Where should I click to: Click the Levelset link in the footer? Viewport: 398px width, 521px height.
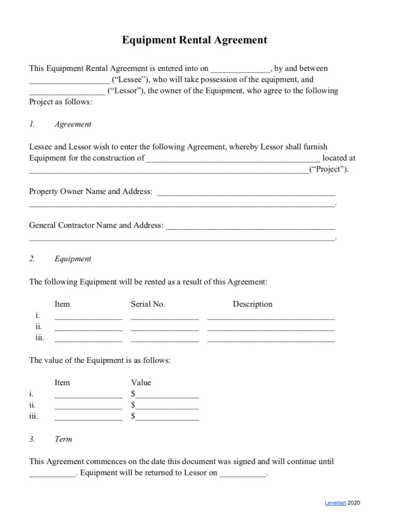click(x=335, y=503)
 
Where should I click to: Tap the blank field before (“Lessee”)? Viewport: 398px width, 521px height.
click(x=69, y=80)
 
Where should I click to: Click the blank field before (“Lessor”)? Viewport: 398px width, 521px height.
click(x=67, y=91)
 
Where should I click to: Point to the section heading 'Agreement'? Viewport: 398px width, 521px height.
click(x=73, y=124)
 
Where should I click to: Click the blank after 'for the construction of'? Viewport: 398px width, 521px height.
click(x=233, y=158)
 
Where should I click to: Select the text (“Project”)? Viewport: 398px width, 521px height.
click(x=329, y=170)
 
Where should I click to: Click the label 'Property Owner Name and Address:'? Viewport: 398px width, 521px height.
click(x=91, y=192)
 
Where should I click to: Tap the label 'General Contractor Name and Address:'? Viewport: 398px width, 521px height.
click(x=96, y=226)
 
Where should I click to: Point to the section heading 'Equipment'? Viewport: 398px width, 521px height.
click(x=73, y=259)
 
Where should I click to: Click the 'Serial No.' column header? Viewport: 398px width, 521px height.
click(x=148, y=304)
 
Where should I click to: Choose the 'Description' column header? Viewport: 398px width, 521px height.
click(x=252, y=304)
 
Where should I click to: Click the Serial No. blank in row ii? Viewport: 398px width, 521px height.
click(x=165, y=328)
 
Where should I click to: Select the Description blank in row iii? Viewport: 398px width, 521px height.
click(x=271, y=339)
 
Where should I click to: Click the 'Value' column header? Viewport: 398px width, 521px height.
click(x=141, y=383)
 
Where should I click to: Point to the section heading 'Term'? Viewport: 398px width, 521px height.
click(x=63, y=439)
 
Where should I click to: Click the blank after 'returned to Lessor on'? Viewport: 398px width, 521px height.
click(x=243, y=473)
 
